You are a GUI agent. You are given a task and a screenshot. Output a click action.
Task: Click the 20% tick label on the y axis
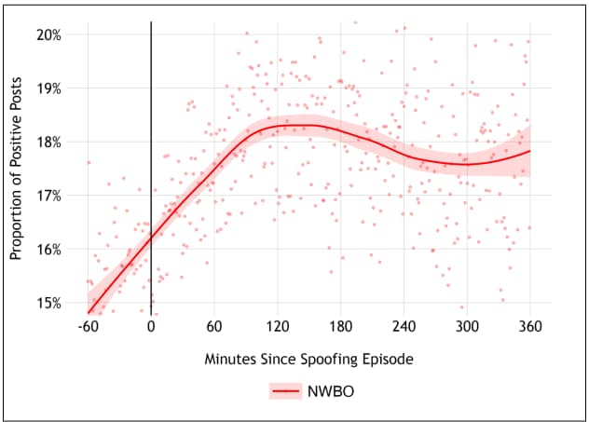click(x=48, y=34)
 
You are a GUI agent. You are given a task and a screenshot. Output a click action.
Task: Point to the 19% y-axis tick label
click(x=48, y=88)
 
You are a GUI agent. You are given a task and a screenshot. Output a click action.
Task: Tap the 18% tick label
click(x=48, y=142)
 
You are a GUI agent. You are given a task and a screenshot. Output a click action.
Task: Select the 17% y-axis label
click(x=48, y=196)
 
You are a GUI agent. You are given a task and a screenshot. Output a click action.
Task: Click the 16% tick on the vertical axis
click(x=48, y=249)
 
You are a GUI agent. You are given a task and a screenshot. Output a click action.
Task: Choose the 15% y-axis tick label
click(x=48, y=303)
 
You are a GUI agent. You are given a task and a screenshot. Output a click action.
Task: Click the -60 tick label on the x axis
click(x=88, y=326)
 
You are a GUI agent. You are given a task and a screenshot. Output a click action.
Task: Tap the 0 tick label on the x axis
click(x=151, y=326)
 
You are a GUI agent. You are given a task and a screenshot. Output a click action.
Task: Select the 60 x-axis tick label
click(x=214, y=326)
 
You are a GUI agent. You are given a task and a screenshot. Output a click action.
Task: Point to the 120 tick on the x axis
click(x=277, y=326)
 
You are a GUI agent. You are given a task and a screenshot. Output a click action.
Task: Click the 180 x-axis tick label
click(x=340, y=326)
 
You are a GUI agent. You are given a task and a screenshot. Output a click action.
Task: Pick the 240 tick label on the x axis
click(x=404, y=326)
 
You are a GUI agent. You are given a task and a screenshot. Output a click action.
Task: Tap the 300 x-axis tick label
click(x=466, y=326)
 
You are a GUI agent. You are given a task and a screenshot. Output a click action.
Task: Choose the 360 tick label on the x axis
click(x=529, y=326)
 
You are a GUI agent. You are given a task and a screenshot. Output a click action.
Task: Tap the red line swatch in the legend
click(x=285, y=392)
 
